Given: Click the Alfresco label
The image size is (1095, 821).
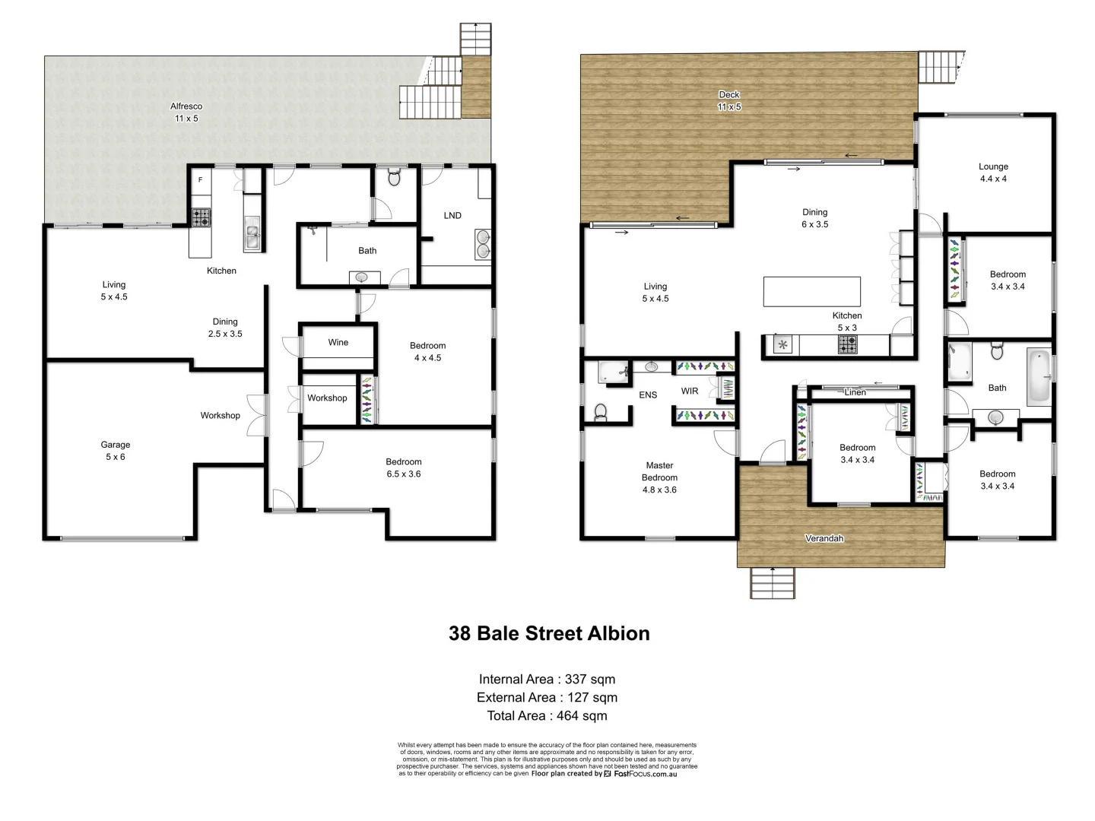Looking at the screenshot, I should click(x=186, y=107).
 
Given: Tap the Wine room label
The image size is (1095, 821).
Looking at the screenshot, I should click(x=338, y=343).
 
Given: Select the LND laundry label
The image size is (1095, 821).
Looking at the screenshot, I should click(x=452, y=216).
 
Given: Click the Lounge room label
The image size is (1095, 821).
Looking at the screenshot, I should click(x=993, y=167).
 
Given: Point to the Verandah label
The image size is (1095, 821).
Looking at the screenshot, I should click(x=824, y=539).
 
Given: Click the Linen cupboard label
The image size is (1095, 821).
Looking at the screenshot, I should click(x=855, y=392).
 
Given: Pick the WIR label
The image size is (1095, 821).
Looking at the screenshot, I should click(x=690, y=391).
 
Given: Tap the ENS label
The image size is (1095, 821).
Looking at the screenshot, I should click(x=648, y=395).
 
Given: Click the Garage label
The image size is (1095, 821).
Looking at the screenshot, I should click(x=116, y=445).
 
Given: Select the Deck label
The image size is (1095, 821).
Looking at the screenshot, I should click(x=729, y=95).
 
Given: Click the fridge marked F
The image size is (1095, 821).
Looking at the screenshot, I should click(x=201, y=181).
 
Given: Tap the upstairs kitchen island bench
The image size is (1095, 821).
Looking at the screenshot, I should click(x=811, y=291).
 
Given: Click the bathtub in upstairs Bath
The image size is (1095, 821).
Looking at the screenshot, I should click(x=1039, y=376).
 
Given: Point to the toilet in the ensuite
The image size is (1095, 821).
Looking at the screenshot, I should click(x=600, y=412).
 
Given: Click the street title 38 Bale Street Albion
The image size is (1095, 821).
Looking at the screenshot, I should click(x=549, y=634).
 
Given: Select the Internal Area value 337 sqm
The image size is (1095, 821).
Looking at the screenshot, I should click(x=590, y=680).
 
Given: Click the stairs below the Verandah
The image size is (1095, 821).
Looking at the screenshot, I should click(x=773, y=583).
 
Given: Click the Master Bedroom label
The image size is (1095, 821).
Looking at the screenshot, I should click(x=659, y=472).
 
